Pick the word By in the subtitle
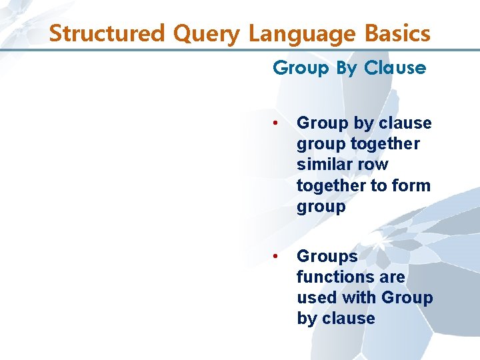point(347,67)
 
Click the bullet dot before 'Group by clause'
point(276,123)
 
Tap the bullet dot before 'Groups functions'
point(276,257)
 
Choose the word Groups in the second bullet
point(327,257)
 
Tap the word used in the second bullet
point(317,298)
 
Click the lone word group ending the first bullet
point(321,207)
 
